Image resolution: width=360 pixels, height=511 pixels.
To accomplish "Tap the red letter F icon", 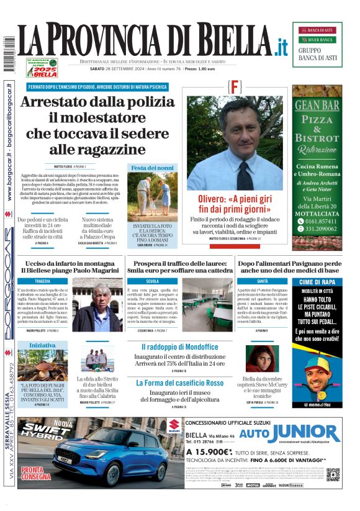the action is click(235, 87).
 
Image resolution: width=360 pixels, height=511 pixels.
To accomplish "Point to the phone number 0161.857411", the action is click(321, 220).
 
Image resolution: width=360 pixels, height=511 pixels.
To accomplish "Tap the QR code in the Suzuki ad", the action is click(333, 474).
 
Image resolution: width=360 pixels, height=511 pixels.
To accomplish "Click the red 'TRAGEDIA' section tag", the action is click(43, 281).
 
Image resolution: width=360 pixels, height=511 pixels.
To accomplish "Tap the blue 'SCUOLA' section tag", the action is click(153, 281).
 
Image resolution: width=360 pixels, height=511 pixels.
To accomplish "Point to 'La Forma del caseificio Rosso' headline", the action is click(179, 383).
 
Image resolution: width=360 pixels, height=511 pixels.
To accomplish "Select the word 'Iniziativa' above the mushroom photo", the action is click(42, 345).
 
